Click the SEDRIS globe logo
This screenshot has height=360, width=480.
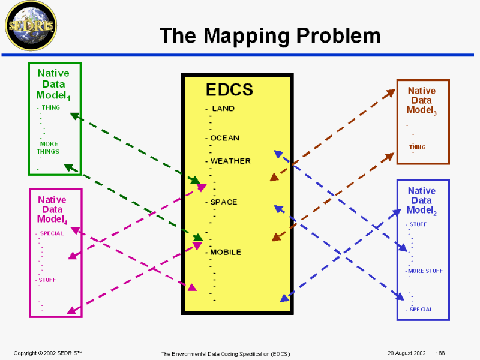tap(30, 26)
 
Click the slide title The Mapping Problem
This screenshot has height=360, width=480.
tap(270, 36)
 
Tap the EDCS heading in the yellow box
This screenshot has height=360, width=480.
tap(229, 90)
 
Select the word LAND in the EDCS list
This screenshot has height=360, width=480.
tap(223, 109)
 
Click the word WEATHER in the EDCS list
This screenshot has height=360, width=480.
tap(230, 161)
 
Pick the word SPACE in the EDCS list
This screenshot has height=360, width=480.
tap(223, 202)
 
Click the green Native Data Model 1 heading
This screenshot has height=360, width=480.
tap(53, 84)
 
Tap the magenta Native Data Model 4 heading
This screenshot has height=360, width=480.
tap(52, 209)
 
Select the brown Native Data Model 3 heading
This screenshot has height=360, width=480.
tap(421, 100)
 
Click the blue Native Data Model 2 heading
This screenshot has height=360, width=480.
tap(421, 200)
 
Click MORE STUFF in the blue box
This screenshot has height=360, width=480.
tap(425, 271)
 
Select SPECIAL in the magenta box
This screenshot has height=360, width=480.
tap(52, 233)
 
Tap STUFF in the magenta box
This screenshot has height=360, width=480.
tap(47, 280)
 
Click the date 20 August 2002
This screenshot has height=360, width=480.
tap(406, 353)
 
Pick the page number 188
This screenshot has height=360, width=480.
tap(440, 353)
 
